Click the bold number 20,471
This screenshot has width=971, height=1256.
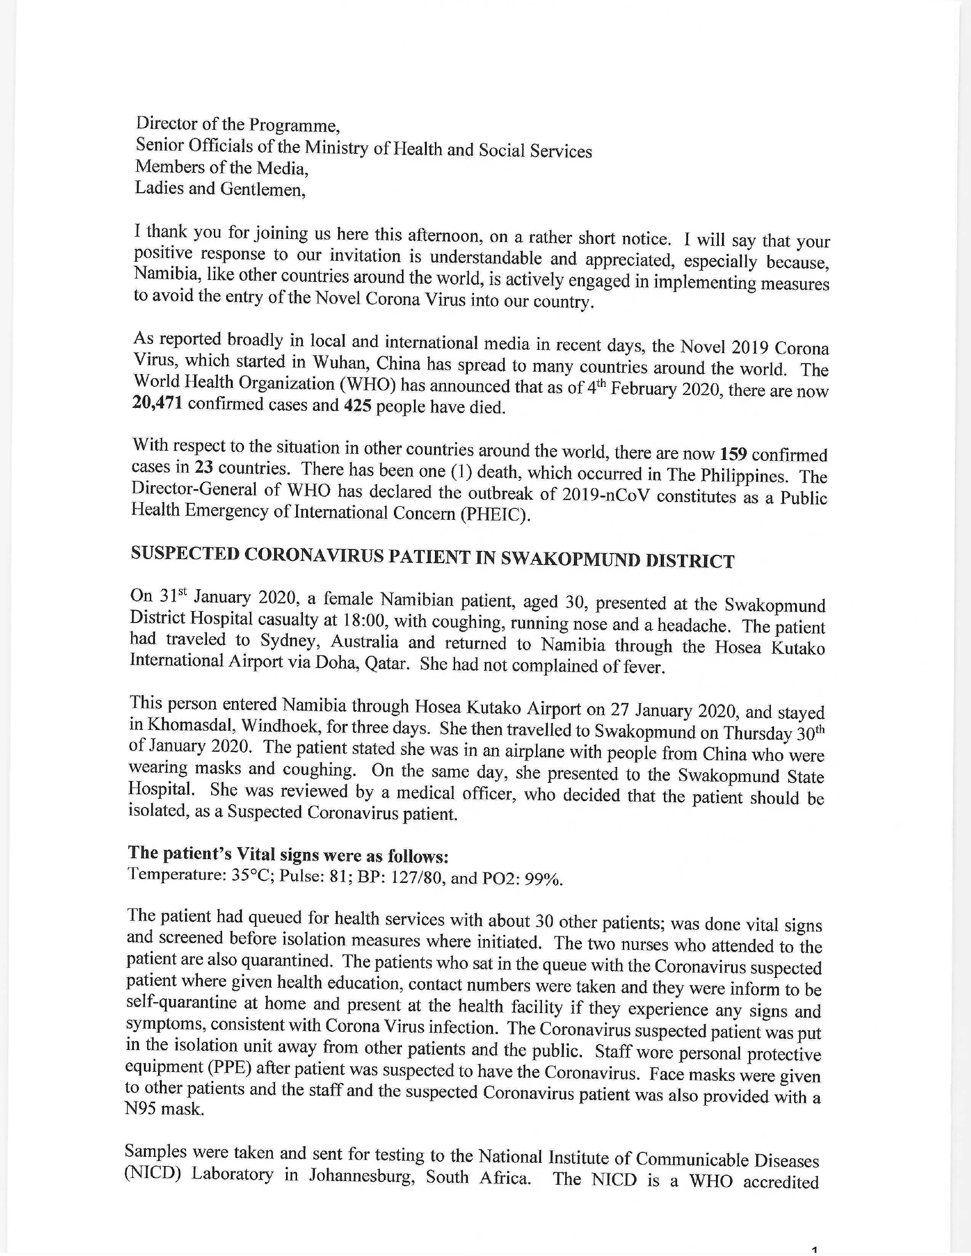(158, 404)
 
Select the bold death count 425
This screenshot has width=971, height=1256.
(357, 406)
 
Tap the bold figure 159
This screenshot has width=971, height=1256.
(733, 454)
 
